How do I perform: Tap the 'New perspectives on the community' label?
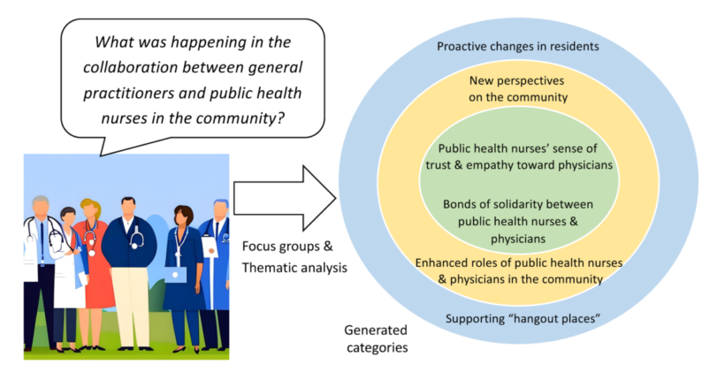point(518,89)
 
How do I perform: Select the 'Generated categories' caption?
point(376,338)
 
